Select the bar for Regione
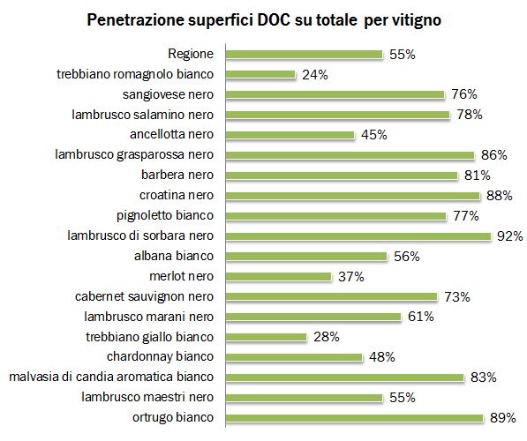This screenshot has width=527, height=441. coord(305,54)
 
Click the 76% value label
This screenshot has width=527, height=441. coord(463,94)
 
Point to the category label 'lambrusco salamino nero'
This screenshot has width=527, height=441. coord(147,115)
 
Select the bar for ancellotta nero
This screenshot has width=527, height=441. coord(290,135)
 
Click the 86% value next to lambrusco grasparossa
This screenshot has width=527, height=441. coord(493,155)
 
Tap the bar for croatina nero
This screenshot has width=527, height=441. coord(353,195)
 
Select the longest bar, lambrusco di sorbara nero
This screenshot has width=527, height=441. coord(358,235)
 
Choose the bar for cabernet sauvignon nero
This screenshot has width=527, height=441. coord(332,296)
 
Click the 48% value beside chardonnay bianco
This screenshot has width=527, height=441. coord(381,357)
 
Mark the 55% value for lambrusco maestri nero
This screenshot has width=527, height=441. coord(403,398)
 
